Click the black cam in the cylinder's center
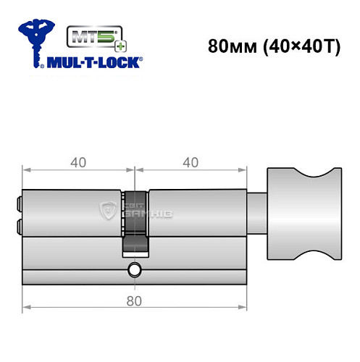click(x=135, y=221)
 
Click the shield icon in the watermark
click(x=111, y=210)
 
